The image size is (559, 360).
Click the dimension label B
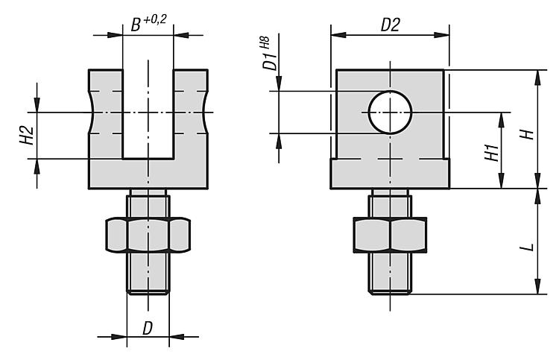click(x=136, y=25)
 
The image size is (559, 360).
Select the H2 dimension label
click(x=27, y=136)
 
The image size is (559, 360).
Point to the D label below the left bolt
click(x=148, y=328)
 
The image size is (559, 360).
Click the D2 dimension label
click(x=391, y=25)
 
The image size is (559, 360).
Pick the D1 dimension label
click(x=270, y=60)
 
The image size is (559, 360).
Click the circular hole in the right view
click(x=390, y=113)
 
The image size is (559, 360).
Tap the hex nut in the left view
click(x=148, y=235)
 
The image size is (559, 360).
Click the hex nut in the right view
click(x=390, y=235)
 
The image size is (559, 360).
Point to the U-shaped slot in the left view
click(x=148, y=114)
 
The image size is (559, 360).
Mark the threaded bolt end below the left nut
click(x=148, y=273)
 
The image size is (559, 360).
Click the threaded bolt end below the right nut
click(x=390, y=274)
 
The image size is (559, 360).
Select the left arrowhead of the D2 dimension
click(x=338, y=35)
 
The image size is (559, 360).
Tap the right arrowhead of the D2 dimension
click(x=442, y=35)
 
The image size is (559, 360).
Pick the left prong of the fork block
click(x=106, y=114)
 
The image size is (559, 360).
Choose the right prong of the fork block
click(x=190, y=114)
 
